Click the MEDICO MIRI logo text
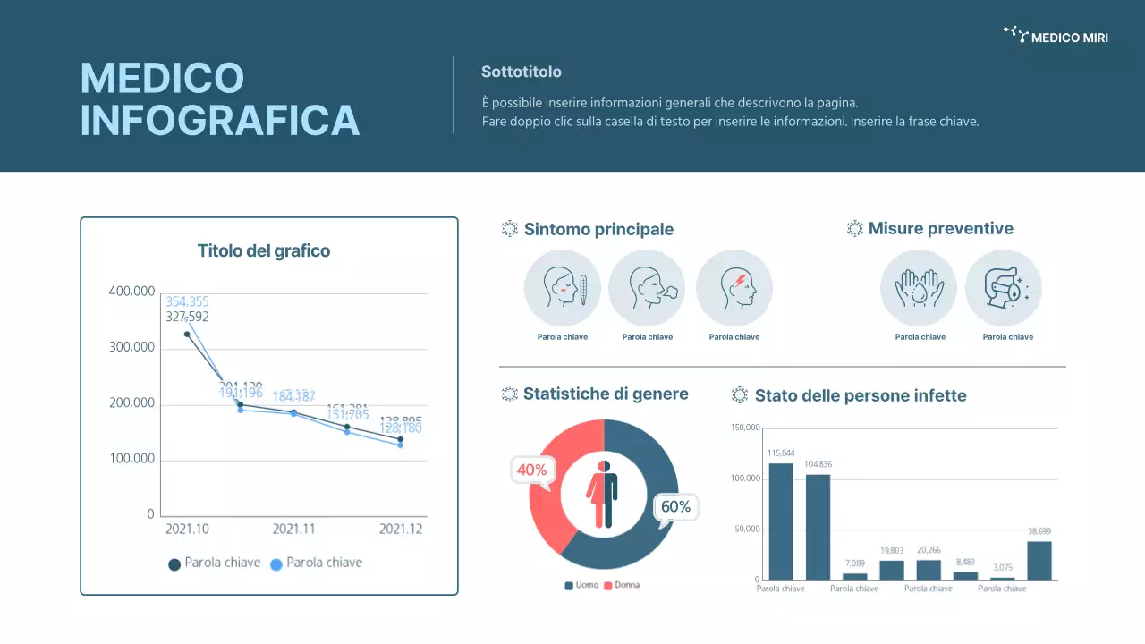point(1069,38)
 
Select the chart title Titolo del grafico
point(264,251)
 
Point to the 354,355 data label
point(187,301)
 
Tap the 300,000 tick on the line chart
point(131,347)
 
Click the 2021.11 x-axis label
point(293,529)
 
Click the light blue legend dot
point(276,564)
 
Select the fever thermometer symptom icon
point(562,288)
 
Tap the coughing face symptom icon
point(647,288)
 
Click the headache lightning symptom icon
point(734,288)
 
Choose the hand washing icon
point(919,288)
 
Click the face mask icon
point(1004,288)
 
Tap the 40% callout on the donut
point(532,470)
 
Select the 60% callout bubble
point(675,507)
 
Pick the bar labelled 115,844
point(781,521)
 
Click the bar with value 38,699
point(1039,561)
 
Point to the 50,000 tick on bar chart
point(746,529)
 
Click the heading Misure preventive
point(940,229)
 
